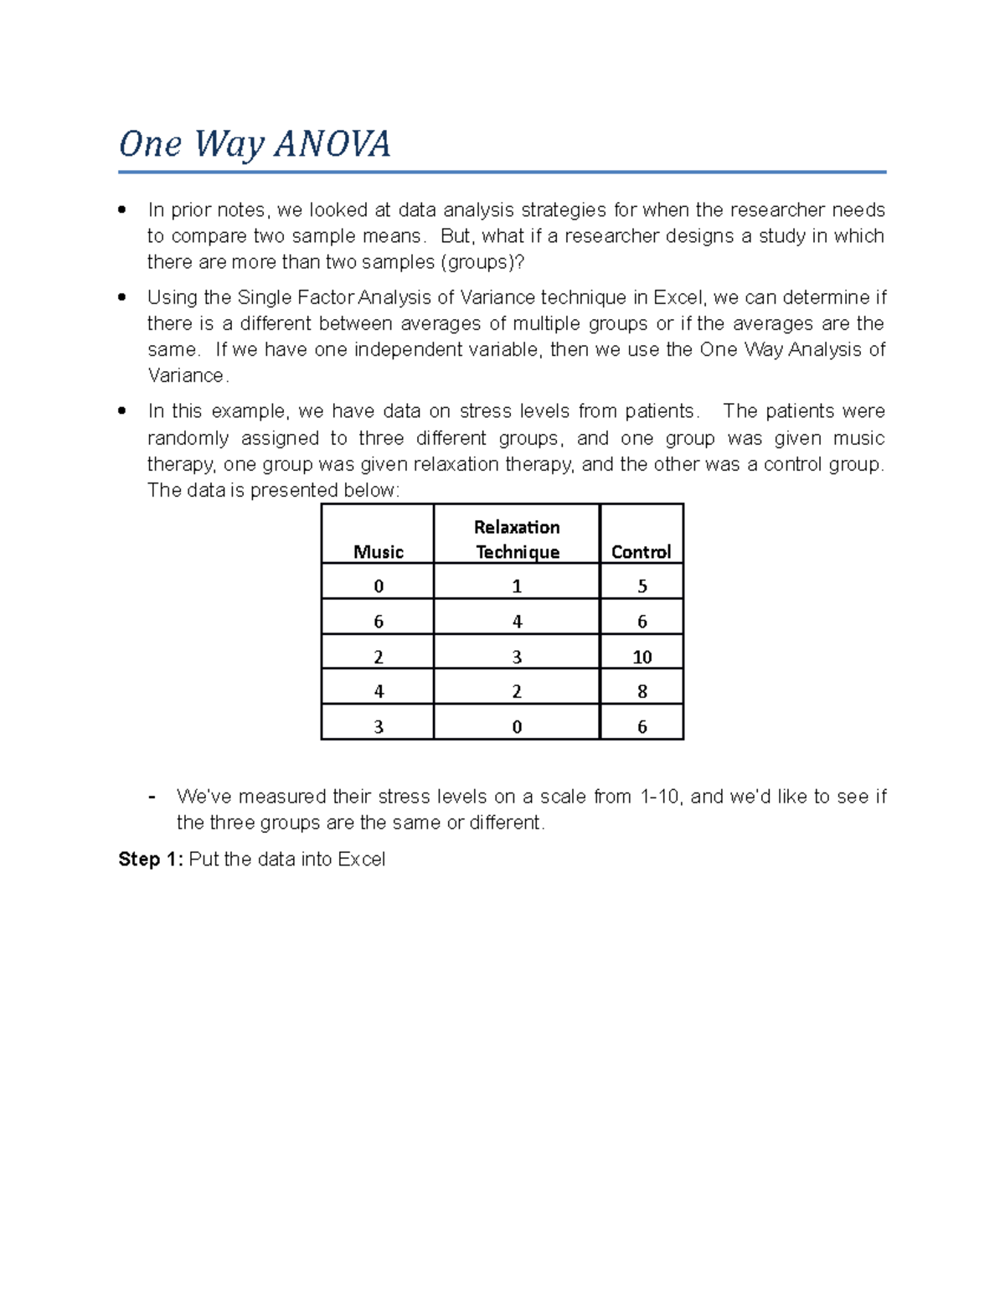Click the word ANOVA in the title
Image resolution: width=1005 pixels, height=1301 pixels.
(332, 144)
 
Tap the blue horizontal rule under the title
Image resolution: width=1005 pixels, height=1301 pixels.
(502, 173)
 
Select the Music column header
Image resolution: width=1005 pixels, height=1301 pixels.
(378, 551)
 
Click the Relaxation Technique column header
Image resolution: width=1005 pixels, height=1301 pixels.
(517, 539)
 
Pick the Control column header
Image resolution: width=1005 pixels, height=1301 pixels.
(642, 551)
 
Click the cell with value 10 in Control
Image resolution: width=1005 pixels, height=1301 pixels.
(642, 657)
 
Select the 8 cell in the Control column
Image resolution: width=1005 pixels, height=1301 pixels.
(642, 691)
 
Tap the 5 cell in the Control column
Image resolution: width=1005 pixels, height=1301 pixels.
(642, 586)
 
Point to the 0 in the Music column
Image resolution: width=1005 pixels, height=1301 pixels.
(378, 586)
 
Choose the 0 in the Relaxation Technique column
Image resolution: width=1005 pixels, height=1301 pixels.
(517, 726)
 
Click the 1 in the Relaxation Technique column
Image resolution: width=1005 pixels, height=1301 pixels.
(517, 586)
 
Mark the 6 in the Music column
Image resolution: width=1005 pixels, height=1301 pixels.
(378, 621)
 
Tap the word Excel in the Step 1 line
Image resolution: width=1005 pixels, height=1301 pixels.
(361, 859)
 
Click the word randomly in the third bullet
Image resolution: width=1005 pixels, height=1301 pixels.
(188, 438)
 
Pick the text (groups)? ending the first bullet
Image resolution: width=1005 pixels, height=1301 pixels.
(482, 261)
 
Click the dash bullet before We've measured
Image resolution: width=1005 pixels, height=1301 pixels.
(152, 796)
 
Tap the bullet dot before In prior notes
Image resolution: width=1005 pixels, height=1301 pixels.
(122, 209)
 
